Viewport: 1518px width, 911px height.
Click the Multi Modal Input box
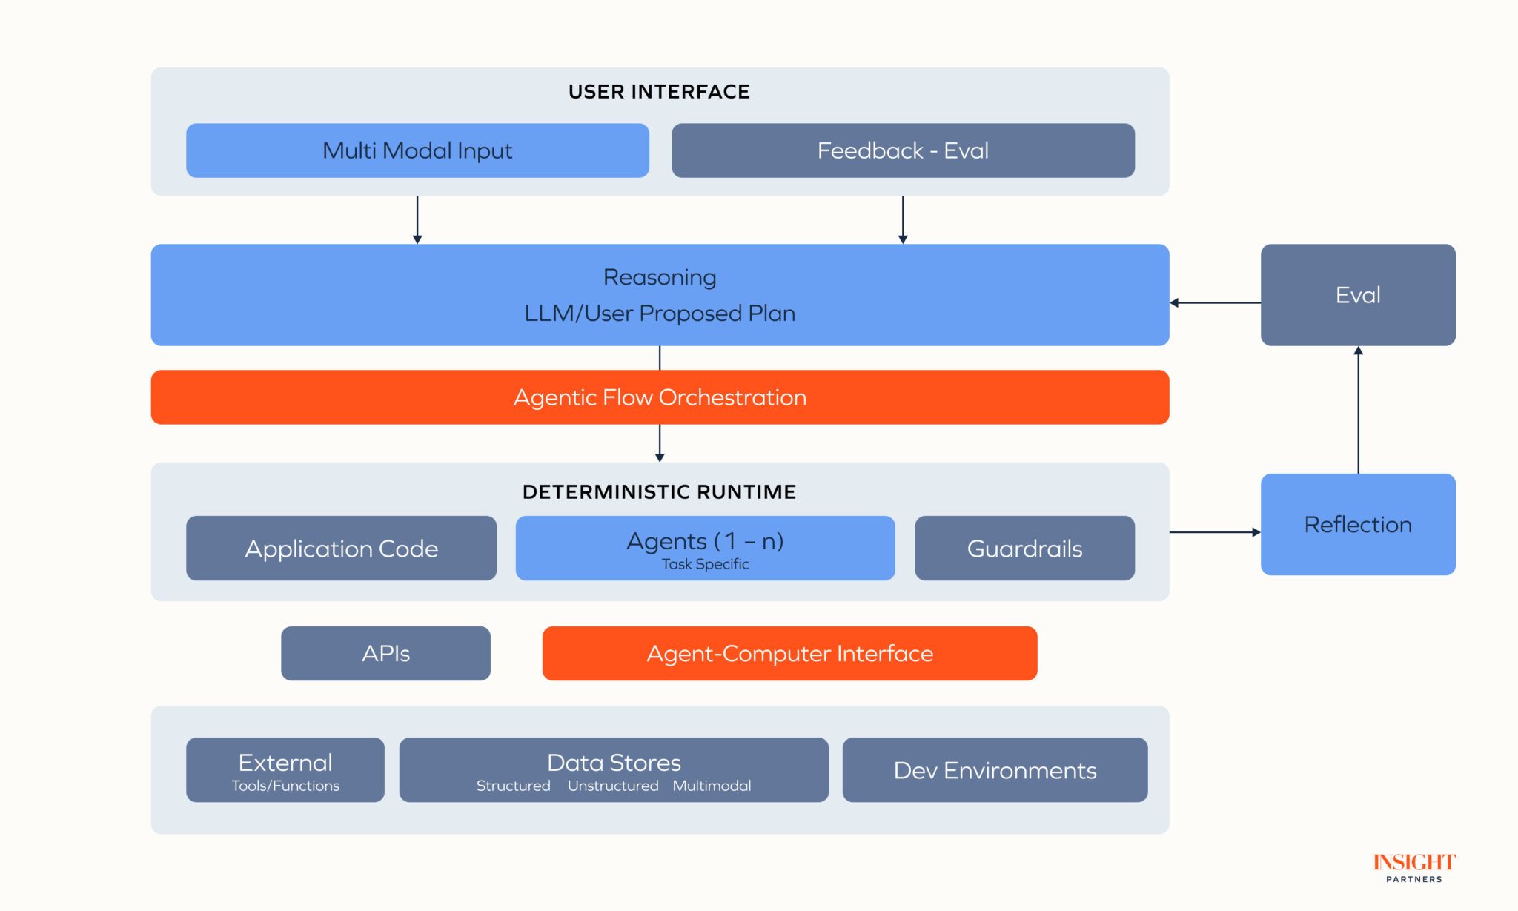(417, 150)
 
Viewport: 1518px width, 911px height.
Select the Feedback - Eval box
(903, 150)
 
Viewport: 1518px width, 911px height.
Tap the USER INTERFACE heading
(659, 92)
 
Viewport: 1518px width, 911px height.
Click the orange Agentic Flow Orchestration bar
(660, 397)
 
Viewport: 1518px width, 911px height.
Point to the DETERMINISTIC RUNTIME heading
(659, 492)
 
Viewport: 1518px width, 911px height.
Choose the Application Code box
(341, 549)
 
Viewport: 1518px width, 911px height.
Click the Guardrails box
(1024, 549)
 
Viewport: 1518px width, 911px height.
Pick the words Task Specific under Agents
(705, 564)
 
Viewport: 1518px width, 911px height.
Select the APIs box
(385, 654)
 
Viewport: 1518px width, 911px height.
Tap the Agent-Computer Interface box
(789, 654)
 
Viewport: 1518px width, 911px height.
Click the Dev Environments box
(995, 770)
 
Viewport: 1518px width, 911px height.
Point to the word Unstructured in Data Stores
(613, 786)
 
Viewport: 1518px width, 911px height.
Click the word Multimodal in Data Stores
(712, 786)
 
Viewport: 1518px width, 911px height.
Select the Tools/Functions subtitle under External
(285, 786)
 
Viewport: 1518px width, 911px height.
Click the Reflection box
(1358, 525)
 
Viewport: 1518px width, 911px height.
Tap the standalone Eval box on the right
(1358, 295)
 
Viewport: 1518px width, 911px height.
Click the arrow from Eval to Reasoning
(1216, 302)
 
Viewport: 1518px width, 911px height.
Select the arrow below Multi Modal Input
(417, 219)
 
